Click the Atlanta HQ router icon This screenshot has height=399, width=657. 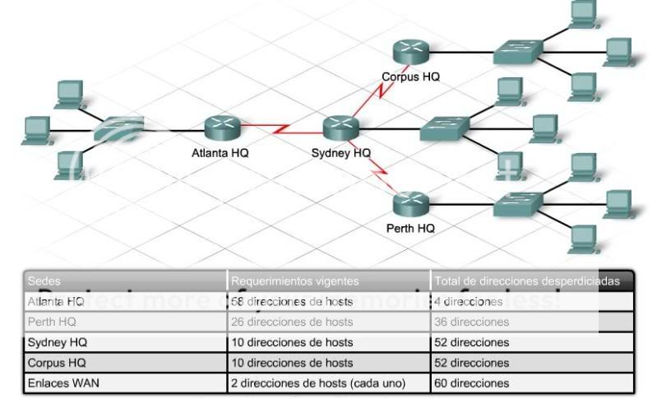[221, 128]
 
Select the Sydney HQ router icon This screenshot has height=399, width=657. [340, 128]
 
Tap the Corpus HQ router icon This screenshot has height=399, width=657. [409, 53]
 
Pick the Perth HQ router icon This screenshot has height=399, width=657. [409, 202]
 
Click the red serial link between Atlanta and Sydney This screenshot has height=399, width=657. [280, 129]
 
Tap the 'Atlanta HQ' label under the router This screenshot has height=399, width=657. [220, 153]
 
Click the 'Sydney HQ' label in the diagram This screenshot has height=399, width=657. [340, 153]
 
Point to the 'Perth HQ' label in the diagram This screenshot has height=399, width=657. [410, 228]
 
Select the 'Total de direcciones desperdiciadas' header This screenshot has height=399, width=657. [526, 281]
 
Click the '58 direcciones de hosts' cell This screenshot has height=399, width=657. [292, 302]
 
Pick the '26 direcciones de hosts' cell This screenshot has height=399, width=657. [292, 322]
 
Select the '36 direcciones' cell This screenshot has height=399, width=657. [472, 322]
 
